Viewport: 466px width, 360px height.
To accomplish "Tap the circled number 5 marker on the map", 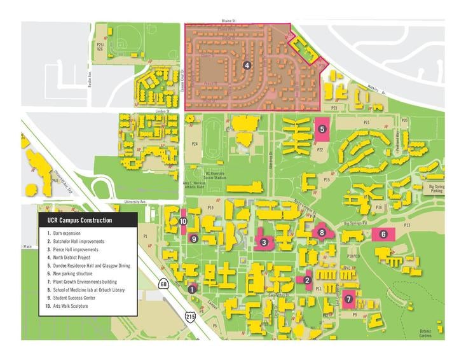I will pyautogui.click(x=322, y=128).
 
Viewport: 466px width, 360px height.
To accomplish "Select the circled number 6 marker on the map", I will pyautogui.click(x=383, y=233).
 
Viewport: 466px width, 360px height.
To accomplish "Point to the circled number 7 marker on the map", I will pyautogui.click(x=348, y=298).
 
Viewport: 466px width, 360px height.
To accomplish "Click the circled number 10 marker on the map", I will pyautogui.click(x=182, y=221).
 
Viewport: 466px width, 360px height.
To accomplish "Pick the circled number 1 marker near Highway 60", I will pyautogui.click(x=191, y=289).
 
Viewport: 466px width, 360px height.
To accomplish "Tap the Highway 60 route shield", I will pyautogui.click(x=164, y=284).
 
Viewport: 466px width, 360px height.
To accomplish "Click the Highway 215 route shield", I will pyautogui.click(x=191, y=316).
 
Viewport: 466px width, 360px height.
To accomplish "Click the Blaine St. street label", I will pyautogui.click(x=228, y=21).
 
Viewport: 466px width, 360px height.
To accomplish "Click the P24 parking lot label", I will pyautogui.click(x=195, y=144).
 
